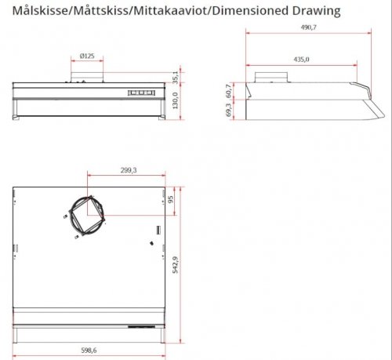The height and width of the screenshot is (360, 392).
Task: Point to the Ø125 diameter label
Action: [87, 56]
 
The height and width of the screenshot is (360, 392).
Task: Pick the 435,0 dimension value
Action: [301, 59]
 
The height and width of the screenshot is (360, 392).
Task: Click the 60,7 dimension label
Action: [229, 91]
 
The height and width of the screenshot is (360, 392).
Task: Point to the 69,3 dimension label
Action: [229, 112]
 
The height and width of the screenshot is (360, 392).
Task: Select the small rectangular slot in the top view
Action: [158, 231]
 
